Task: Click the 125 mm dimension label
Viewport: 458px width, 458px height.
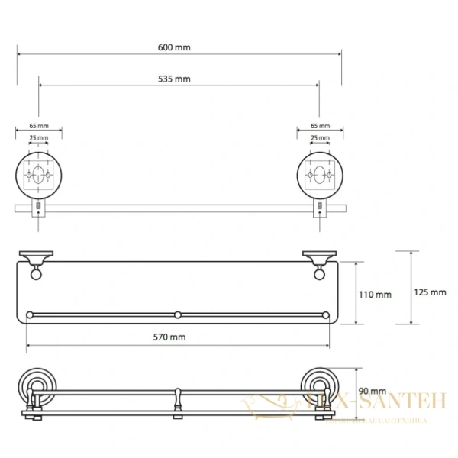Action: click(x=431, y=292)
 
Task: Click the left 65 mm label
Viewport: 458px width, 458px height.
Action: click(x=39, y=126)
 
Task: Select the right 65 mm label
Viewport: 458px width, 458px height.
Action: click(x=320, y=126)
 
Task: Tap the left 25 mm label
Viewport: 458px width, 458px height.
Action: click(x=39, y=138)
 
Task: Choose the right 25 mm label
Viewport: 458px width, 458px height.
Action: click(x=320, y=138)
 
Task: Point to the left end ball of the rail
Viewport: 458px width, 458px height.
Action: click(x=31, y=314)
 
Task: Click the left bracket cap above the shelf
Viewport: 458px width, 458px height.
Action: click(x=35, y=256)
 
